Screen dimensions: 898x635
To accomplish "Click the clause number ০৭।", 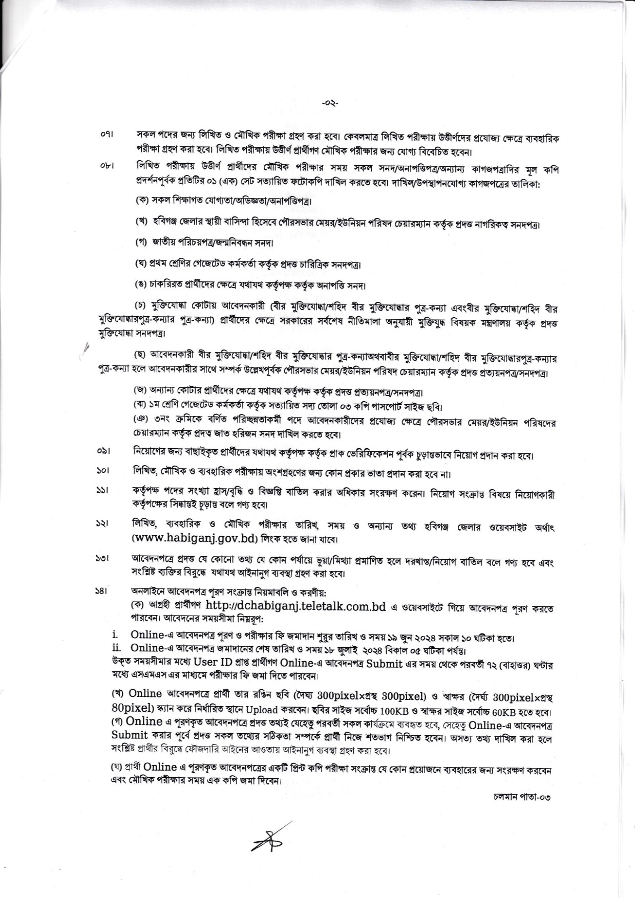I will (107, 136).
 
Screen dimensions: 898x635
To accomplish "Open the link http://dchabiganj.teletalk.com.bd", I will (295, 605).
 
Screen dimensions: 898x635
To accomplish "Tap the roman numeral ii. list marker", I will (116, 647).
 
